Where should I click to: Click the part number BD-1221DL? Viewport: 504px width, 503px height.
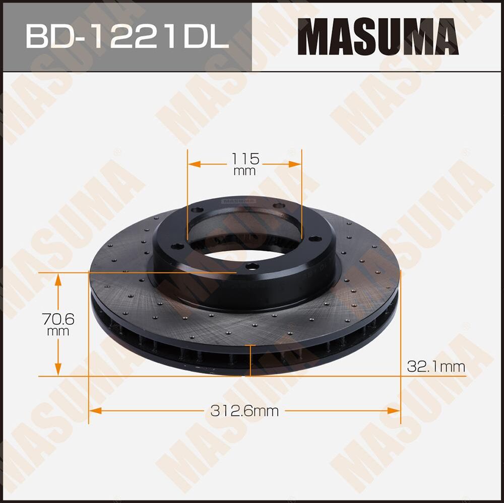tap(127, 36)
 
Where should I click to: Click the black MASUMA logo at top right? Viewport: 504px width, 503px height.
tap(378, 37)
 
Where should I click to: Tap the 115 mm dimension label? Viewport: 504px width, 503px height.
tap(245, 164)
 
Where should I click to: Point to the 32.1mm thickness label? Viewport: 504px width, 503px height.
tap(436, 367)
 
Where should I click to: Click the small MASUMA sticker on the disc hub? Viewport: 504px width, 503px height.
tap(238, 201)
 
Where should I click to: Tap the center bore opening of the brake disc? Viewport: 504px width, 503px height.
tap(244, 237)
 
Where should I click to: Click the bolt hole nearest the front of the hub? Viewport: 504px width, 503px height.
tap(249, 267)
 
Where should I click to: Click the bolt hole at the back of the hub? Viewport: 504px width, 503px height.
tap(276, 205)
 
